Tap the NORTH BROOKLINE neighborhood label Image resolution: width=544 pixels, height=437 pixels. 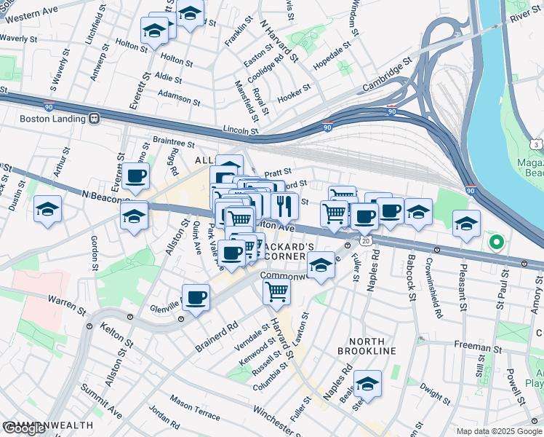[x=372, y=346]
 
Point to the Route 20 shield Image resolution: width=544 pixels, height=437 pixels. [x=365, y=240]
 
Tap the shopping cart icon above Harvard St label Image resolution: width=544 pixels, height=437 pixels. [x=276, y=291]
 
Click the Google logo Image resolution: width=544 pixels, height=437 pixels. [x=24, y=428]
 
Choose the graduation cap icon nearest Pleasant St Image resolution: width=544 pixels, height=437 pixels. [x=466, y=224]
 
